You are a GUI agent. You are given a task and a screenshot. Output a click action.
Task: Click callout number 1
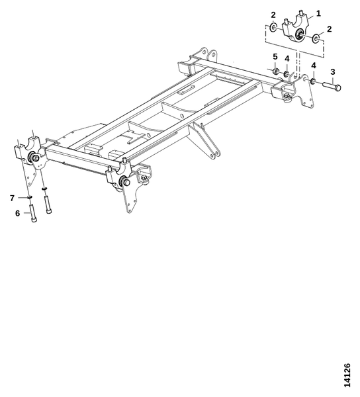pos(318,13)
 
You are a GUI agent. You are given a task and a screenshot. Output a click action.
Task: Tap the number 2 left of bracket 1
pos(273,15)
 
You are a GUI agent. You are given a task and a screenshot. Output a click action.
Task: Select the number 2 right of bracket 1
pos(329,29)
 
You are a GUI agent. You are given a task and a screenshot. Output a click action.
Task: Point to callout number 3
pos(333,72)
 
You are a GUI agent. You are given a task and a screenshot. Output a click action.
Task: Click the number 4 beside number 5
pos(287,59)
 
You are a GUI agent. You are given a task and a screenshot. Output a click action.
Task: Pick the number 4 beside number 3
pos(314,66)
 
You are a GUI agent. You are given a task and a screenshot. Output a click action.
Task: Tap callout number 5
pos(275,57)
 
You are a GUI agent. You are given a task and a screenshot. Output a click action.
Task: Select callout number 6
pos(17,213)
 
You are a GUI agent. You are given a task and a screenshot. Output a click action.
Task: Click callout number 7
pos(12,198)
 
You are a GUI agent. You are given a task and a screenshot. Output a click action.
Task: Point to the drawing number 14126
pos(347,375)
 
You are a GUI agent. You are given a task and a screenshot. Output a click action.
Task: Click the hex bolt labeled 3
pos(332,86)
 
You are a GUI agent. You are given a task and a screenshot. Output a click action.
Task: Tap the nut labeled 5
pos(276,71)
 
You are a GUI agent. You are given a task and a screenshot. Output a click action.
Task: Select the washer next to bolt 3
pos(313,81)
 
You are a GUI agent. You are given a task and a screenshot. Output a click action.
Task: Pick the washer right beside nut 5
pos(287,74)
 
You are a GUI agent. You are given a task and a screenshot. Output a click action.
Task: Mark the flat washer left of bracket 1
pos(273,27)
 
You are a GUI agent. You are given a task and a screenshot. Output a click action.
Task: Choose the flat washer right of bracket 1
pos(316,38)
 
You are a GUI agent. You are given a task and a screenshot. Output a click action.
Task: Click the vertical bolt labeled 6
pos(33,214)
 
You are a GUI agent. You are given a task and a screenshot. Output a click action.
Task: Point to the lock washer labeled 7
pos(30,197)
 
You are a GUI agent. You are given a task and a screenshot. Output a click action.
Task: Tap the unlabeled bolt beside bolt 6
pos(48,205)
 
